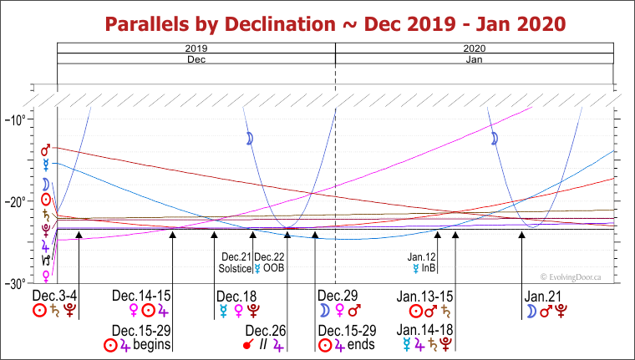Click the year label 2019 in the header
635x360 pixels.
(x=196, y=49)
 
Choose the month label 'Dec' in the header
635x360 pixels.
(x=196, y=60)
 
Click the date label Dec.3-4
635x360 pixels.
(x=55, y=296)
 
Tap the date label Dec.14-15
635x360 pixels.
(x=141, y=296)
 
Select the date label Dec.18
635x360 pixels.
(x=236, y=296)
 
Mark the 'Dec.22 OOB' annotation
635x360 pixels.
(x=270, y=263)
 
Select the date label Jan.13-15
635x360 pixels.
(x=424, y=296)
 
